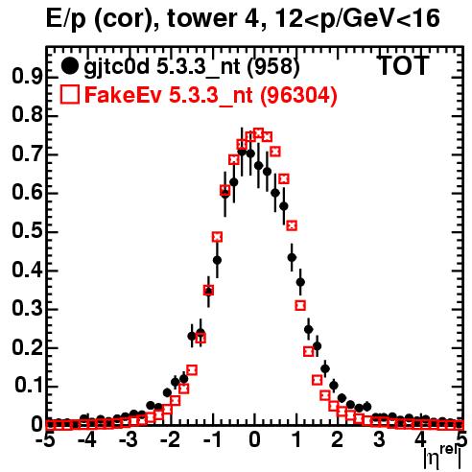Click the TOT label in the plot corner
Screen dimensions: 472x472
pyautogui.click(x=403, y=66)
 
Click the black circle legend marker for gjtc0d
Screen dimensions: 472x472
pyautogui.click(x=69, y=66)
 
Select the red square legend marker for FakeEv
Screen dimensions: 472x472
pyautogui.click(x=69, y=95)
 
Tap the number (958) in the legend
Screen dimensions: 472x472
pyautogui.click(x=273, y=66)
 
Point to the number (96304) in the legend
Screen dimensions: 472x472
pyautogui.click(x=298, y=95)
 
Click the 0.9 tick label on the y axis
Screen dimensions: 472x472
pyautogui.click(x=27, y=77)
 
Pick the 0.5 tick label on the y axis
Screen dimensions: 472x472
pyautogui.click(x=27, y=231)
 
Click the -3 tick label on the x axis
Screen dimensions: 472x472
pyautogui.click(x=129, y=440)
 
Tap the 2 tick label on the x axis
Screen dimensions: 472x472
pyautogui.click(x=338, y=440)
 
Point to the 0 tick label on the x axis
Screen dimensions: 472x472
pyautogui.click(x=254, y=440)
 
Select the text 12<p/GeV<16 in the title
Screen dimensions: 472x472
pyautogui.click(x=357, y=19)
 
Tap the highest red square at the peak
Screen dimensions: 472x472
pyautogui.click(x=258, y=133)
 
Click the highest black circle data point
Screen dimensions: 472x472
pyautogui.click(x=242, y=153)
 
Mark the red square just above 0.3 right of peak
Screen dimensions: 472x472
pyautogui.click(x=300, y=306)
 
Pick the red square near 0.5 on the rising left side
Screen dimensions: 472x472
pyautogui.click(x=217, y=237)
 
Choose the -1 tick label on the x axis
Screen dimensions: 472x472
pyautogui.click(x=212, y=440)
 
